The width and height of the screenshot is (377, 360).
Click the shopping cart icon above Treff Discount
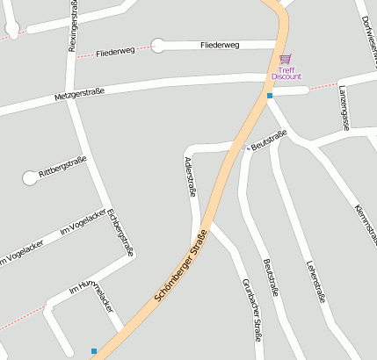[x=286, y=60]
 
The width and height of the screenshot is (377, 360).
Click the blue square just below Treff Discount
[x=270, y=95]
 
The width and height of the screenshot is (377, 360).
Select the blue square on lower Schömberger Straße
[x=94, y=351]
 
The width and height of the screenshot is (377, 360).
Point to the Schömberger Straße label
[x=181, y=267]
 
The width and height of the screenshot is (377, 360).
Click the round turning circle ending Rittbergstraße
[x=31, y=177]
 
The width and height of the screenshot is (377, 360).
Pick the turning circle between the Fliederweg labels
[x=158, y=46]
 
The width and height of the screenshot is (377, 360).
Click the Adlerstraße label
[x=189, y=176]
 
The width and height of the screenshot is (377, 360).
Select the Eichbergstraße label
[x=120, y=230]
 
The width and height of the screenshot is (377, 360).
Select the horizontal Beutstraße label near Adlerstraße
[x=269, y=139]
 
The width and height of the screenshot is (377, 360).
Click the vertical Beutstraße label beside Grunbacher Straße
[x=270, y=277]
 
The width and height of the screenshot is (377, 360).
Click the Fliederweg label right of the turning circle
[x=225, y=44]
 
